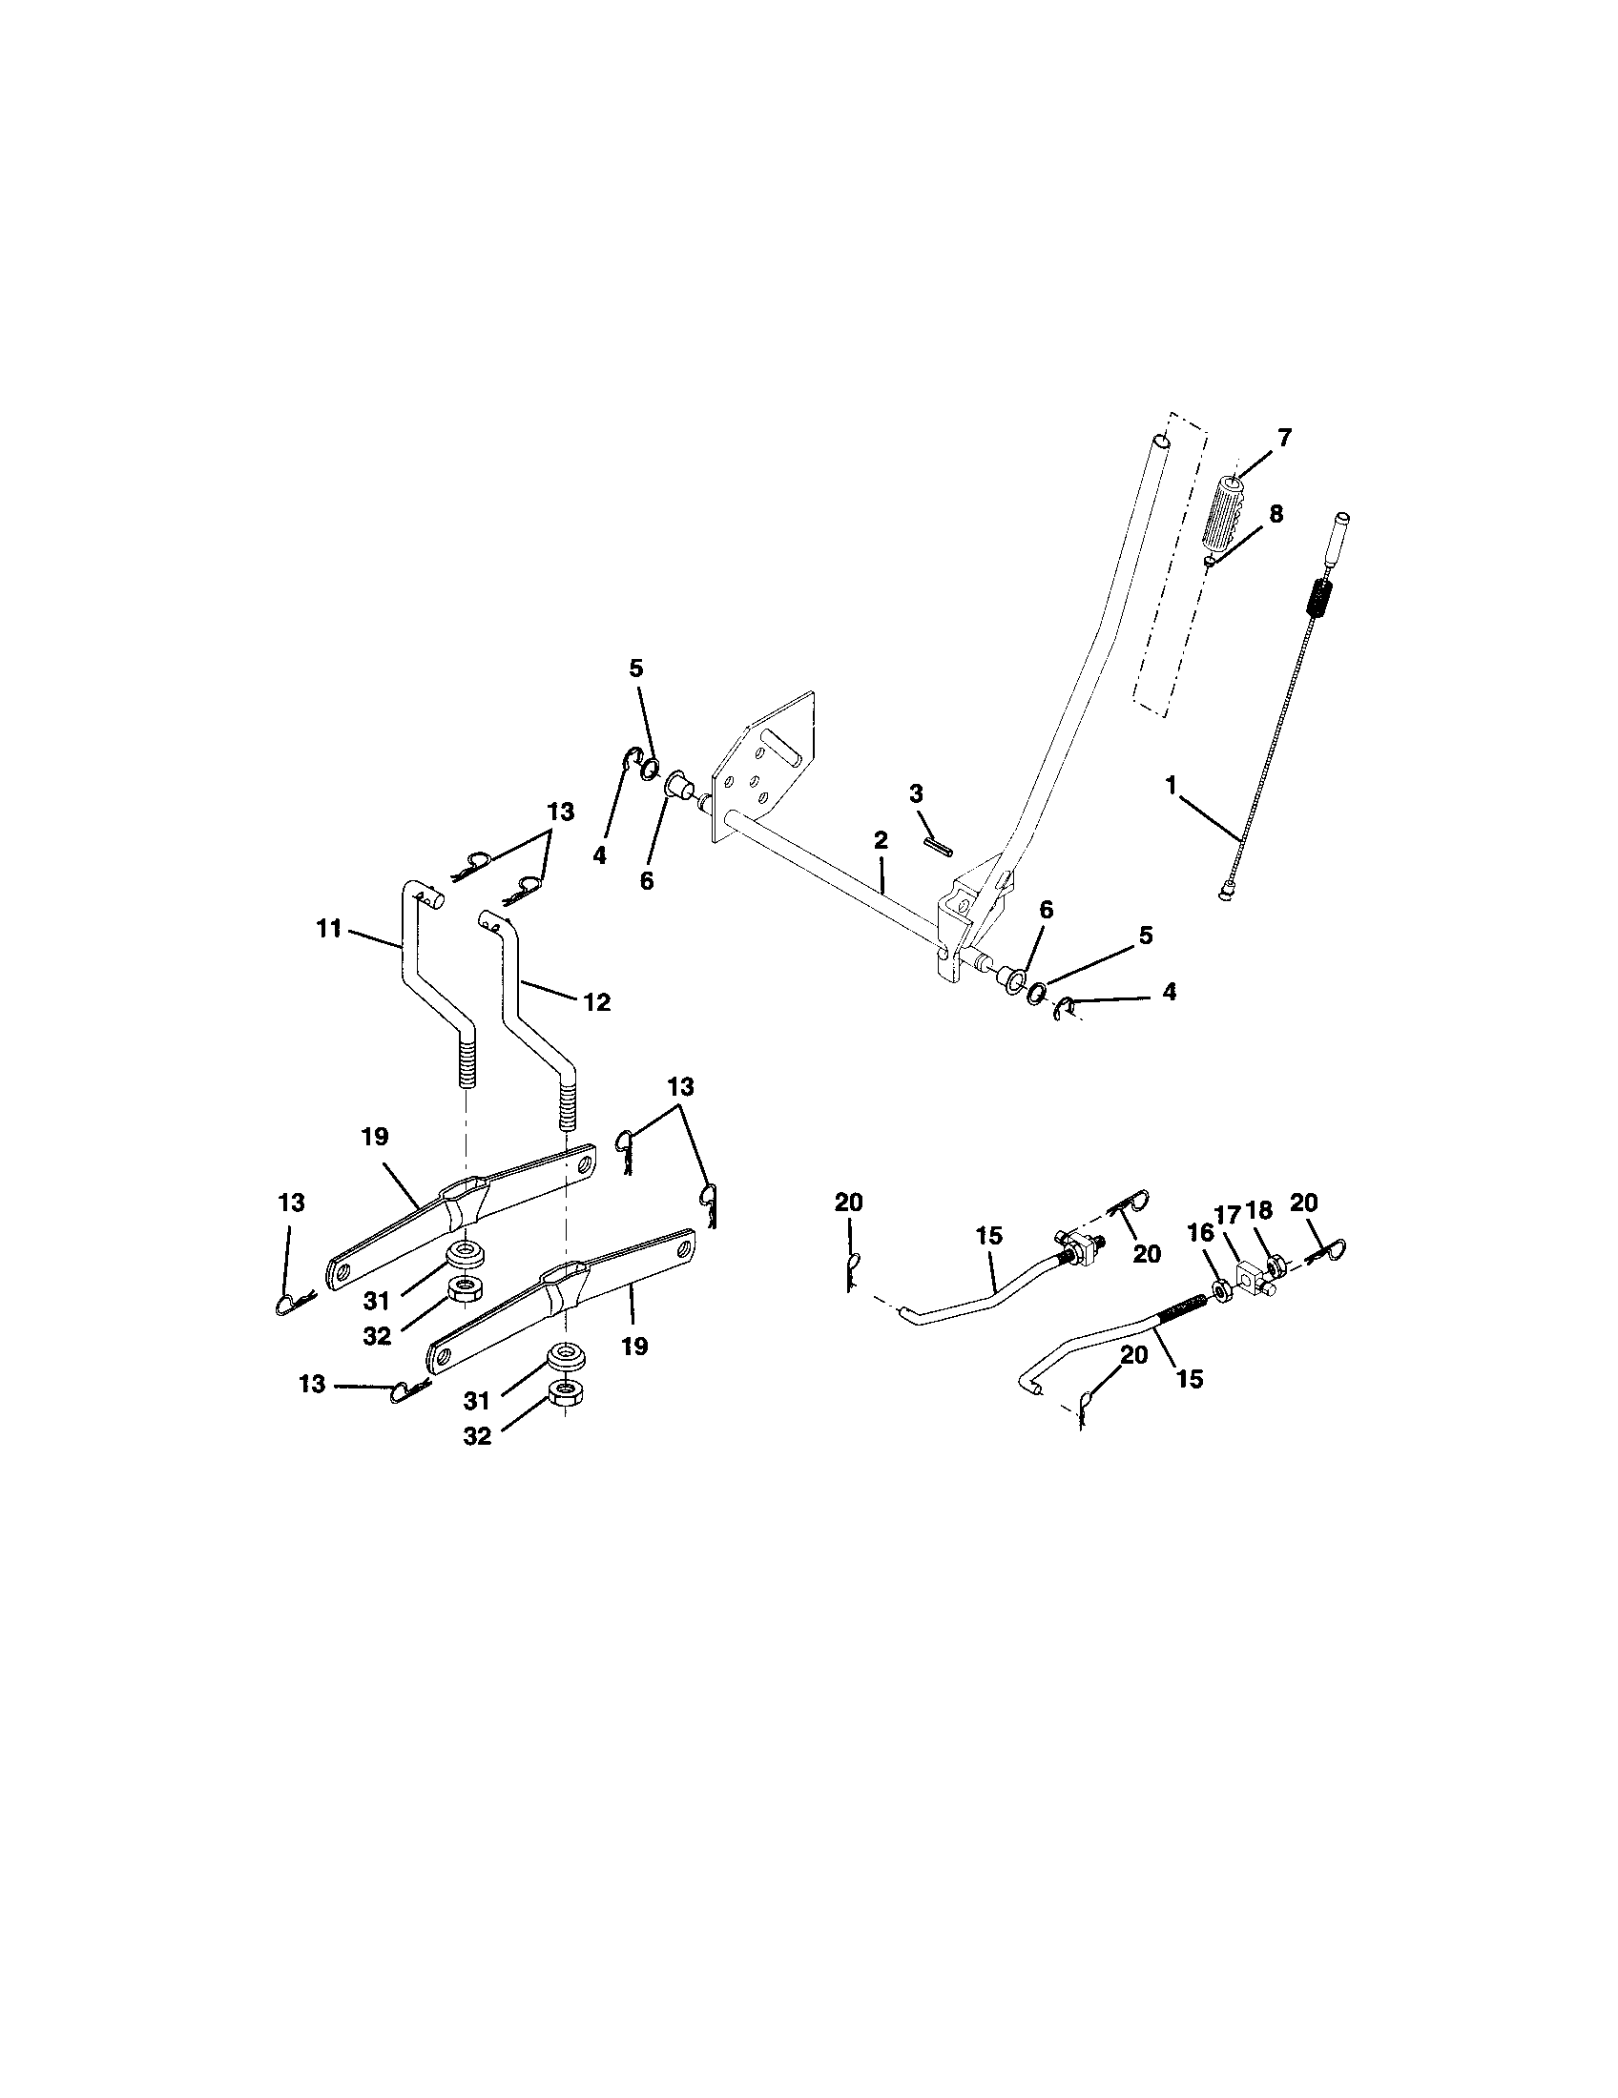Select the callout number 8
pyautogui.click(x=1275, y=514)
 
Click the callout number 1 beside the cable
pyautogui.click(x=1171, y=785)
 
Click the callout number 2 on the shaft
pyautogui.click(x=882, y=839)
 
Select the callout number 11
pyautogui.click(x=328, y=929)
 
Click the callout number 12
pyautogui.click(x=596, y=1002)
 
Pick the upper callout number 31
pyautogui.click(x=376, y=1301)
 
